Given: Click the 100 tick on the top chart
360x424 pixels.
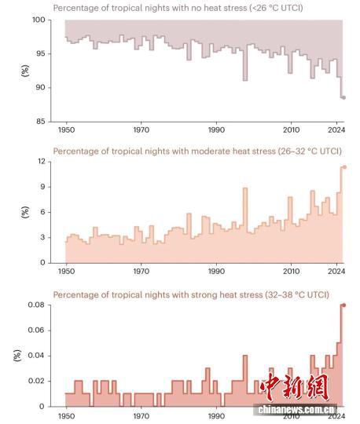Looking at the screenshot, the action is click(39, 20).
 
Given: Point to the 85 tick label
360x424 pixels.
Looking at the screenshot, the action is click(41, 122).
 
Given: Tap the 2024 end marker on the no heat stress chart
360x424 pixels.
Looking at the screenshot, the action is click(343, 97).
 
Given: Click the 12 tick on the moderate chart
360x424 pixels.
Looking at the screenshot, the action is click(42, 162).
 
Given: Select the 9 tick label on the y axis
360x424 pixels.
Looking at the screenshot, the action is click(42, 187).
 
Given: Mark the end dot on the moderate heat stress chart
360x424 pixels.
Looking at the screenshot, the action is click(344, 167).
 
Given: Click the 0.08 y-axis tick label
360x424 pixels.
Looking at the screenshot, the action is click(36, 305).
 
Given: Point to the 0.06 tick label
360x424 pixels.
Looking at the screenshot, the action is click(36, 330).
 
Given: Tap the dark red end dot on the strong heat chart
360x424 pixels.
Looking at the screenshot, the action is click(344, 305).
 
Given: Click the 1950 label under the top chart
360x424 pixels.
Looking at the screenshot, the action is click(66, 130).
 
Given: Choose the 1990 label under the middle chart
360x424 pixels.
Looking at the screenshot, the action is click(216, 271).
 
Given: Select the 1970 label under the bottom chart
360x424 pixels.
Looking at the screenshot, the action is click(141, 416).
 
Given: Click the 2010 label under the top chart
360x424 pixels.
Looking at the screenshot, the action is click(292, 130).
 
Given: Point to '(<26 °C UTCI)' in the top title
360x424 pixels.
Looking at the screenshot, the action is click(277, 8).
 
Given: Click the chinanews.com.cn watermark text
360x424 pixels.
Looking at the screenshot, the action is click(296, 410).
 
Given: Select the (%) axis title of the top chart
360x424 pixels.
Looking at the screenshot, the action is click(25, 71).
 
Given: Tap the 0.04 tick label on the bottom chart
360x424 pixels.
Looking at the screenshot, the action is click(36, 356).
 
